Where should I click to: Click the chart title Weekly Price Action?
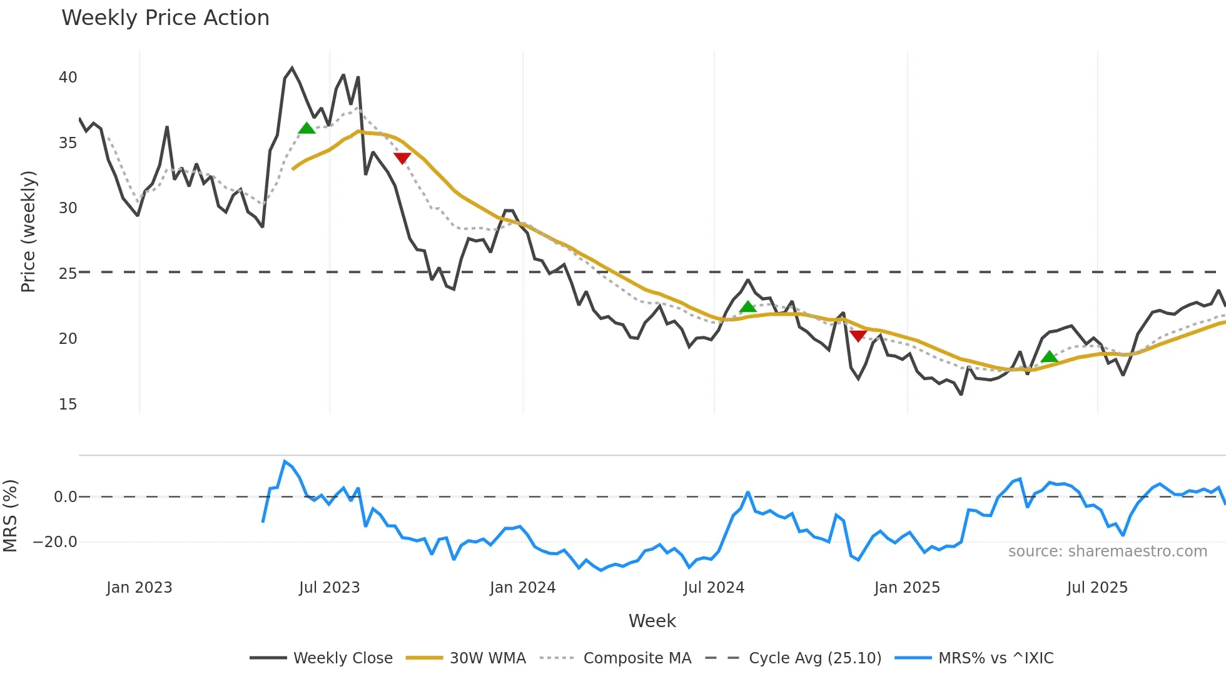165,18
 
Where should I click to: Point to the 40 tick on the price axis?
68,78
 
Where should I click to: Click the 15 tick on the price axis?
68,405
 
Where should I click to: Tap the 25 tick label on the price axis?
68,274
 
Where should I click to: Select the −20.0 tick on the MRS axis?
55,542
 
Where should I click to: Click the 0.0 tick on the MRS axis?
65,497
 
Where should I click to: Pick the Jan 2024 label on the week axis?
522,588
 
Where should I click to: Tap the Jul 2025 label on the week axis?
1097,588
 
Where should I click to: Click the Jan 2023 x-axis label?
139,588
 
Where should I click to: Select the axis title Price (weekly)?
28,231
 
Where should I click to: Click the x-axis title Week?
652,621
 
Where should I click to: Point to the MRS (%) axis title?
10,516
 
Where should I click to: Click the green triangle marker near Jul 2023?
306,129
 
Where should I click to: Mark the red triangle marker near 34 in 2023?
402,158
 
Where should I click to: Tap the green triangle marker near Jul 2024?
747,307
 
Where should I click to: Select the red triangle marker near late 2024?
858,336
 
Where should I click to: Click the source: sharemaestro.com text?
1107,551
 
